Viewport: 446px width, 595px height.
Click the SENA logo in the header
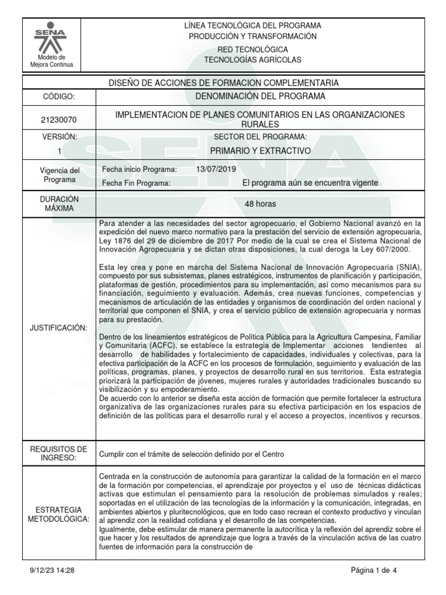[52, 38]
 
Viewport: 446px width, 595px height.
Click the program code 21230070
[58, 120]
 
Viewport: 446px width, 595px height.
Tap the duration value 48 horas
[260, 205]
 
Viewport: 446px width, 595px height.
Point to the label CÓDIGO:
[58, 96]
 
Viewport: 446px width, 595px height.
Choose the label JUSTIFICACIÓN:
[58, 328]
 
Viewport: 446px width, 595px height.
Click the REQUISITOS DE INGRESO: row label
[58, 453]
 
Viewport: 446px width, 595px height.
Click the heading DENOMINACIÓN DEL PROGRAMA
[260, 96]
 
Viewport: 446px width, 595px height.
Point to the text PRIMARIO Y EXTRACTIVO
[260, 150]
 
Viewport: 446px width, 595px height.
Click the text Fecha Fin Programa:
[135, 183]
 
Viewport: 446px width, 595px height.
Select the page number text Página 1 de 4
[374, 571]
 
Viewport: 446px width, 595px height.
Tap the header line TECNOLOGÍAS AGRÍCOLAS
[252, 60]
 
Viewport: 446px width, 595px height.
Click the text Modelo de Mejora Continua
[52, 61]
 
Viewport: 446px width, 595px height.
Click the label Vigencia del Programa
[58, 175]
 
